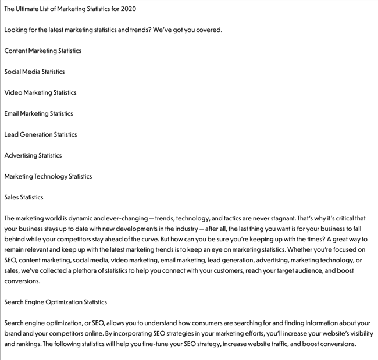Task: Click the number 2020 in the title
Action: click(x=129, y=9)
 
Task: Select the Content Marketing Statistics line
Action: click(x=42, y=51)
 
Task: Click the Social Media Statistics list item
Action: click(x=34, y=72)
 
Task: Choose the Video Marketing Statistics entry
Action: click(x=40, y=92)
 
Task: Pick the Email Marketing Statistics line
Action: click(x=38, y=113)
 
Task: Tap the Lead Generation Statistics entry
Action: click(x=40, y=134)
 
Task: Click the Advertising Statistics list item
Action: click(x=33, y=155)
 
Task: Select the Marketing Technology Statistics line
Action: click(x=48, y=176)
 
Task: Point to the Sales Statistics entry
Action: click(x=23, y=197)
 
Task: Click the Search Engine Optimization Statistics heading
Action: click(x=55, y=302)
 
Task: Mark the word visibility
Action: click(x=359, y=333)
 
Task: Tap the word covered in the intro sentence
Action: click(x=207, y=30)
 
